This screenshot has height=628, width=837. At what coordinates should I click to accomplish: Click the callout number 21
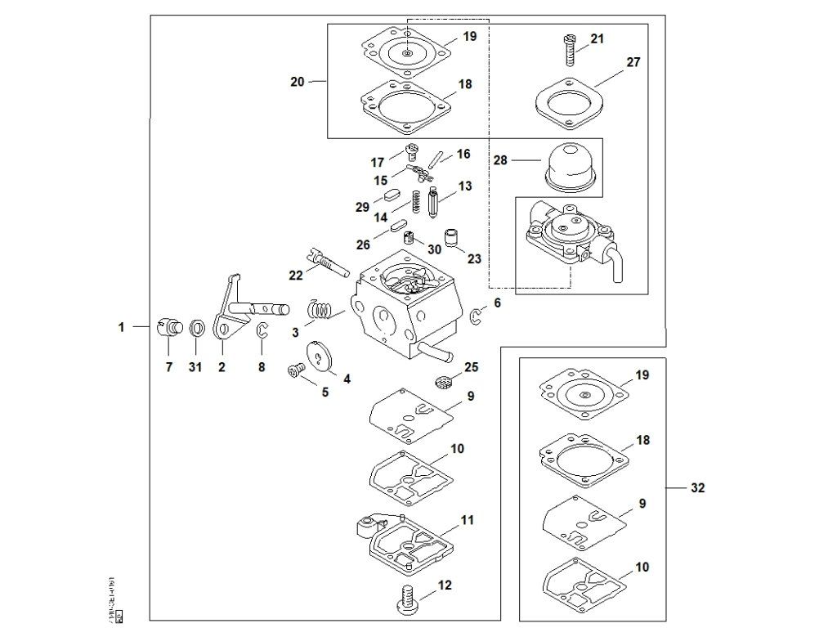(597, 39)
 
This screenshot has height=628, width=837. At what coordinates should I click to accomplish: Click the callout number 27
(633, 62)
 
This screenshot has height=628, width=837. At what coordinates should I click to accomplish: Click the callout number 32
(697, 488)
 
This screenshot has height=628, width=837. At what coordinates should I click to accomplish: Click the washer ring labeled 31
(196, 329)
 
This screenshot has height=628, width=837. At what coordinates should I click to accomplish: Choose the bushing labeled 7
(169, 325)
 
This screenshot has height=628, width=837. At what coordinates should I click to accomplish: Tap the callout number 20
(297, 82)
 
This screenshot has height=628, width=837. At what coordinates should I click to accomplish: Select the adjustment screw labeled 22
(327, 261)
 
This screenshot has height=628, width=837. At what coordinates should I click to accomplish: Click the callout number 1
(121, 327)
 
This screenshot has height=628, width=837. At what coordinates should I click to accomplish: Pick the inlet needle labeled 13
(432, 202)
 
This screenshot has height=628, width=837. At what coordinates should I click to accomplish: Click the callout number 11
(467, 520)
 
